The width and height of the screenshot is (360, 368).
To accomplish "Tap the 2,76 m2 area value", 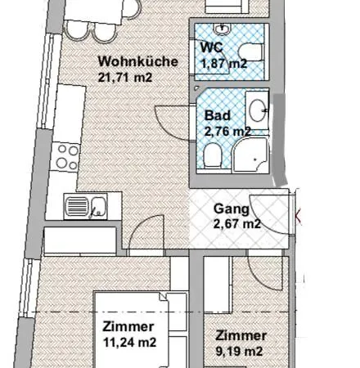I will pos(227,131).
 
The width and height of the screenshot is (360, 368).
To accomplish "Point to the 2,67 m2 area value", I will pos(236,223).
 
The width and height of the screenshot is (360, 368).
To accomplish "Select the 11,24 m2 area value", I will pos(130,342).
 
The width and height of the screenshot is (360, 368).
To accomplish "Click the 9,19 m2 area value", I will pos(240,351).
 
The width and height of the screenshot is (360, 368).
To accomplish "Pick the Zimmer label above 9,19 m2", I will pos(241,335).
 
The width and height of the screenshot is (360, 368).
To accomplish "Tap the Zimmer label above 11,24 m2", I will pos(128,326).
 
